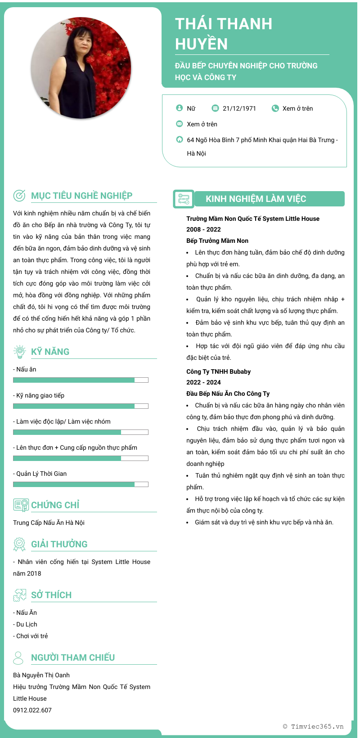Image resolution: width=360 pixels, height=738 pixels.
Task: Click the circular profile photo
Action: click(x=81, y=68)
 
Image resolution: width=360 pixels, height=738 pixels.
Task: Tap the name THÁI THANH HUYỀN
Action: click(x=224, y=34)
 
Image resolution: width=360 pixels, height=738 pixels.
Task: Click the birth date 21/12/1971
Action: click(x=239, y=108)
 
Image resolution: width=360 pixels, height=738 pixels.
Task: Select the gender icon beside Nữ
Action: click(x=180, y=108)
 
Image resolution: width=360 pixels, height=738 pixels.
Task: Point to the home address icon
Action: click(x=180, y=139)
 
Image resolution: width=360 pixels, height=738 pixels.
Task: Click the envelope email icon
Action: click(x=180, y=124)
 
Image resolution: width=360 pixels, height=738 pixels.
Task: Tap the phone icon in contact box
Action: click(x=275, y=108)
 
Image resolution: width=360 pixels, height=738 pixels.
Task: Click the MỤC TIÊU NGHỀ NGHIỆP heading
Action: click(x=81, y=196)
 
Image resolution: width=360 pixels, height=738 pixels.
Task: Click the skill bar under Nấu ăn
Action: click(x=81, y=380)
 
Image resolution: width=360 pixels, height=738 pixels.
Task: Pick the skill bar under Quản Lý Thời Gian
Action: click(x=81, y=484)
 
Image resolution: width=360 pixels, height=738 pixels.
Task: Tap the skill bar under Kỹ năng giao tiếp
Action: click(x=81, y=406)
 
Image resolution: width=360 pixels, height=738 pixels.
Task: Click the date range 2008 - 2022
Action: click(x=203, y=229)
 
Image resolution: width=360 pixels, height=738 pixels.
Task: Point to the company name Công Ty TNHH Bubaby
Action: click(x=218, y=371)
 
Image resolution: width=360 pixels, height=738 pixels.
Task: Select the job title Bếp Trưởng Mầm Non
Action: click(x=217, y=241)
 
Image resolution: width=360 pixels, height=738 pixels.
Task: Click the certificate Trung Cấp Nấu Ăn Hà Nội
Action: click(x=49, y=523)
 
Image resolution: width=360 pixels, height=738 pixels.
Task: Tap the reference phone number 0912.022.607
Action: click(x=32, y=710)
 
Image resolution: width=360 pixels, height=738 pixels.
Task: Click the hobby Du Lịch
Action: click(x=27, y=624)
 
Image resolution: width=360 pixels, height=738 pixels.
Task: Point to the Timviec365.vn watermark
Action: click(x=313, y=726)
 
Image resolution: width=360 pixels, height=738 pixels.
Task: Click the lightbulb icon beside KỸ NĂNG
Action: click(x=19, y=352)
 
